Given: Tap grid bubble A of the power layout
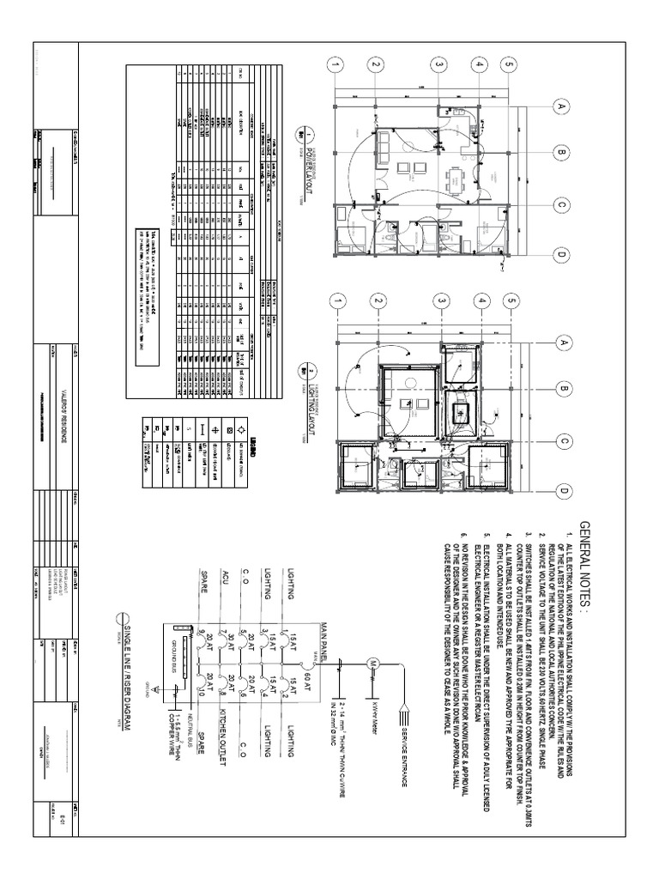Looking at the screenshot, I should (563, 107).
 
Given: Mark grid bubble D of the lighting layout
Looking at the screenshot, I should (563, 490).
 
